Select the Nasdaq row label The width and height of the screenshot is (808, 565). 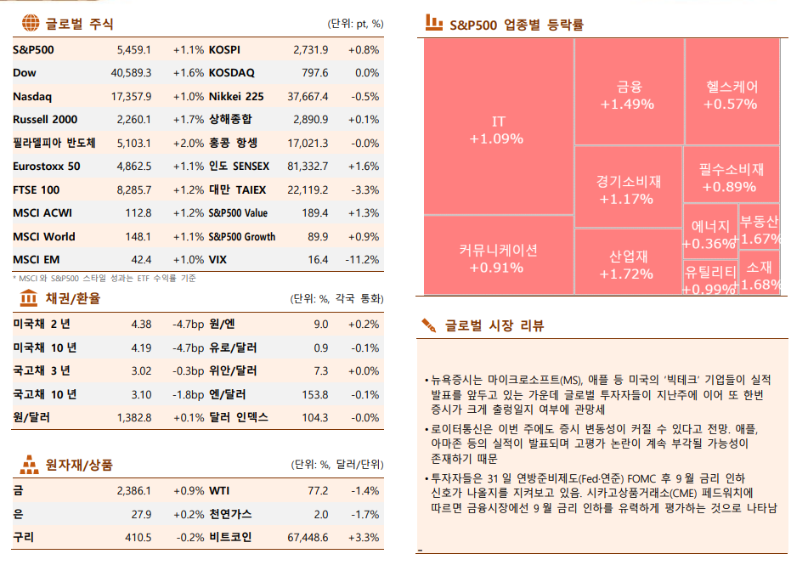32,96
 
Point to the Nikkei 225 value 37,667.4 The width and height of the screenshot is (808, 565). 308,96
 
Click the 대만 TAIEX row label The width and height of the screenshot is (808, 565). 237,189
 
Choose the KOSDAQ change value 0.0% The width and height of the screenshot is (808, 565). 367,73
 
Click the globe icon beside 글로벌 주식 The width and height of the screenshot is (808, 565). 30,23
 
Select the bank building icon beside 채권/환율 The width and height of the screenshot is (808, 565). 28,297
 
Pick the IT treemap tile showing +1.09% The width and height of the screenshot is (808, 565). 498,127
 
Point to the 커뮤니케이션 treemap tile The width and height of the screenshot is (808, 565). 498,257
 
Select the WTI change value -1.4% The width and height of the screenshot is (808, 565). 364,491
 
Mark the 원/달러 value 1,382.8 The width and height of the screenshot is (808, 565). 133,418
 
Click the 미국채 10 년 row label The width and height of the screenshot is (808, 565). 45,347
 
